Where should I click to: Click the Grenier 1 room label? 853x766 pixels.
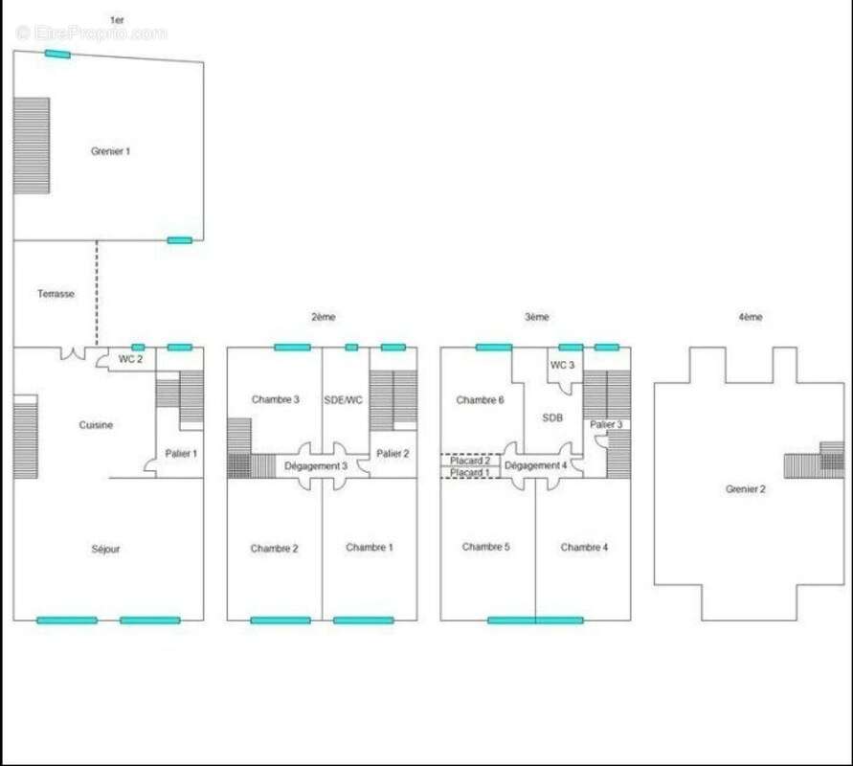pyautogui.click(x=110, y=151)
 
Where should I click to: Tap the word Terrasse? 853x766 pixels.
pyautogui.click(x=56, y=294)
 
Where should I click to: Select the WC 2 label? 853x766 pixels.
pyautogui.click(x=130, y=359)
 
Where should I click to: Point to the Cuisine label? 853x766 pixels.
pyautogui.click(x=96, y=425)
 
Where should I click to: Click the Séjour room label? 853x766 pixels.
pyautogui.click(x=105, y=550)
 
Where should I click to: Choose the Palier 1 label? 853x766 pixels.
pyautogui.click(x=181, y=453)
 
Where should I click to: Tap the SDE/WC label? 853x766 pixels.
pyautogui.click(x=344, y=400)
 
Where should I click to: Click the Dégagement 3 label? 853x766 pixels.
pyautogui.click(x=316, y=466)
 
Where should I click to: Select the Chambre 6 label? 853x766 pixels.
pyautogui.click(x=480, y=400)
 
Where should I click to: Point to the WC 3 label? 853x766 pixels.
pyautogui.click(x=563, y=365)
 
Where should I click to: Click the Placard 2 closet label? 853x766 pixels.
pyautogui.click(x=470, y=461)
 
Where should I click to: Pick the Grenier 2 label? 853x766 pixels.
pyautogui.click(x=745, y=489)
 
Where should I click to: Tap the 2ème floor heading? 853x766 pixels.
pyautogui.click(x=324, y=317)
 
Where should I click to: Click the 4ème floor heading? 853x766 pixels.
pyautogui.click(x=751, y=317)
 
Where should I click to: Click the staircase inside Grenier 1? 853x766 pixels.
pyautogui.click(x=32, y=146)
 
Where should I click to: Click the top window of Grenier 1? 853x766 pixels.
pyautogui.click(x=57, y=54)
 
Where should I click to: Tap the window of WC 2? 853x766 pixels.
pyautogui.click(x=138, y=347)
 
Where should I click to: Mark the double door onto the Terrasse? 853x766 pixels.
pyautogui.click(x=73, y=354)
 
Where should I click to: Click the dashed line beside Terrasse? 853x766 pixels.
pyautogui.click(x=97, y=293)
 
